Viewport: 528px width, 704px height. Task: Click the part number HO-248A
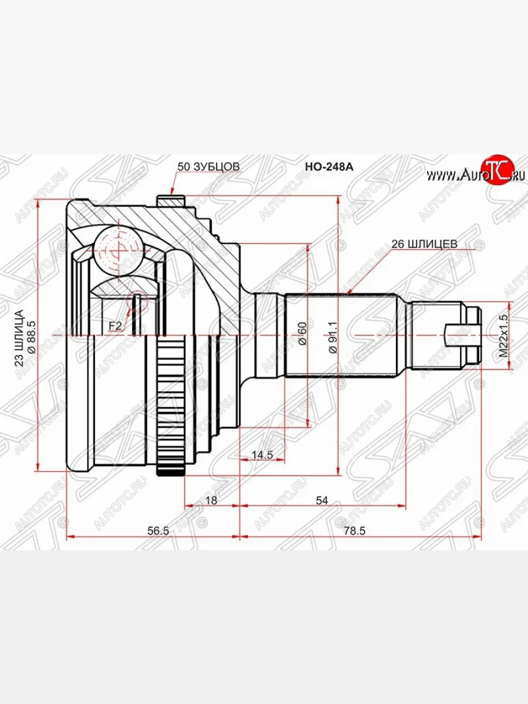coord(329,167)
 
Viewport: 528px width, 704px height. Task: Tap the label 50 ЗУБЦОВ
coord(208,167)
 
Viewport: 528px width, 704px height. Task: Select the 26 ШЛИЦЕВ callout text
coord(424,243)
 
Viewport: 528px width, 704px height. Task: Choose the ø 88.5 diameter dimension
coord(32,333)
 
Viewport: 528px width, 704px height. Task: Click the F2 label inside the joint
coord(115,325)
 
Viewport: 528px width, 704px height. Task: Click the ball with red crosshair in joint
coord(118,249)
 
